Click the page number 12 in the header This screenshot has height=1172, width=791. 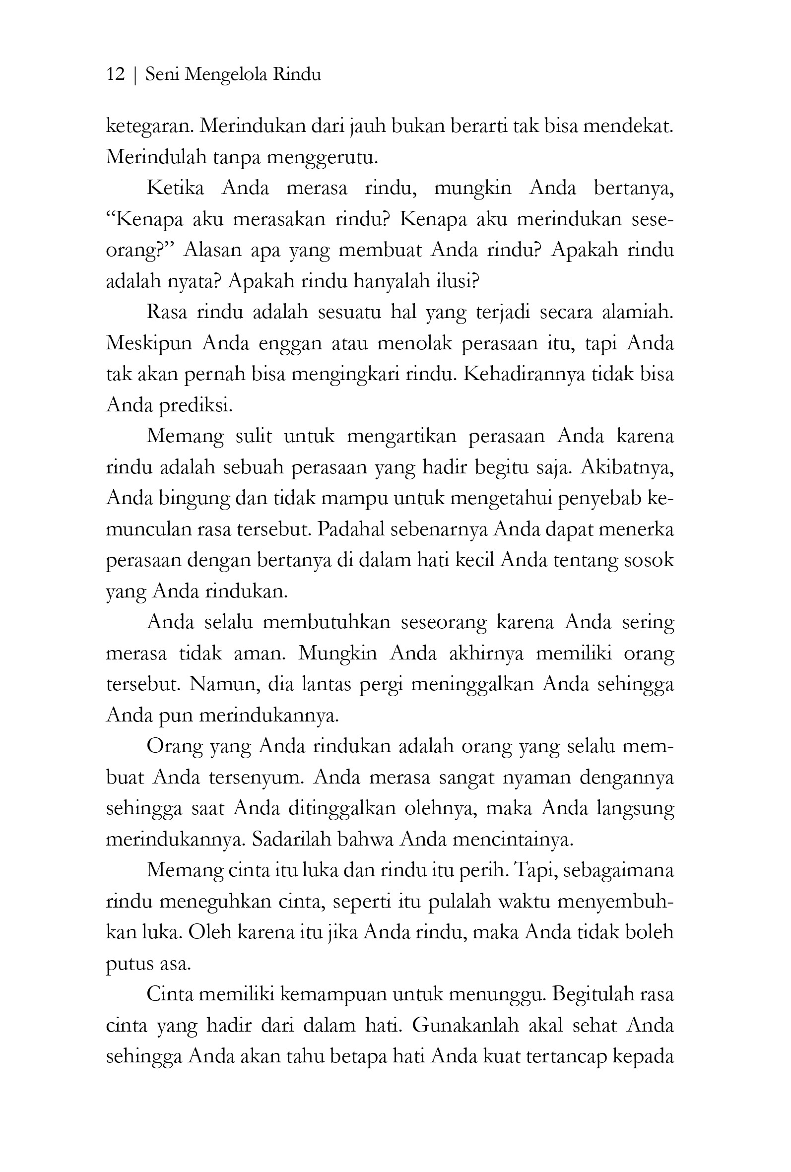116,74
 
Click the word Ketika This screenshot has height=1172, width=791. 175,188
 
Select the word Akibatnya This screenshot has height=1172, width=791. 627,468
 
